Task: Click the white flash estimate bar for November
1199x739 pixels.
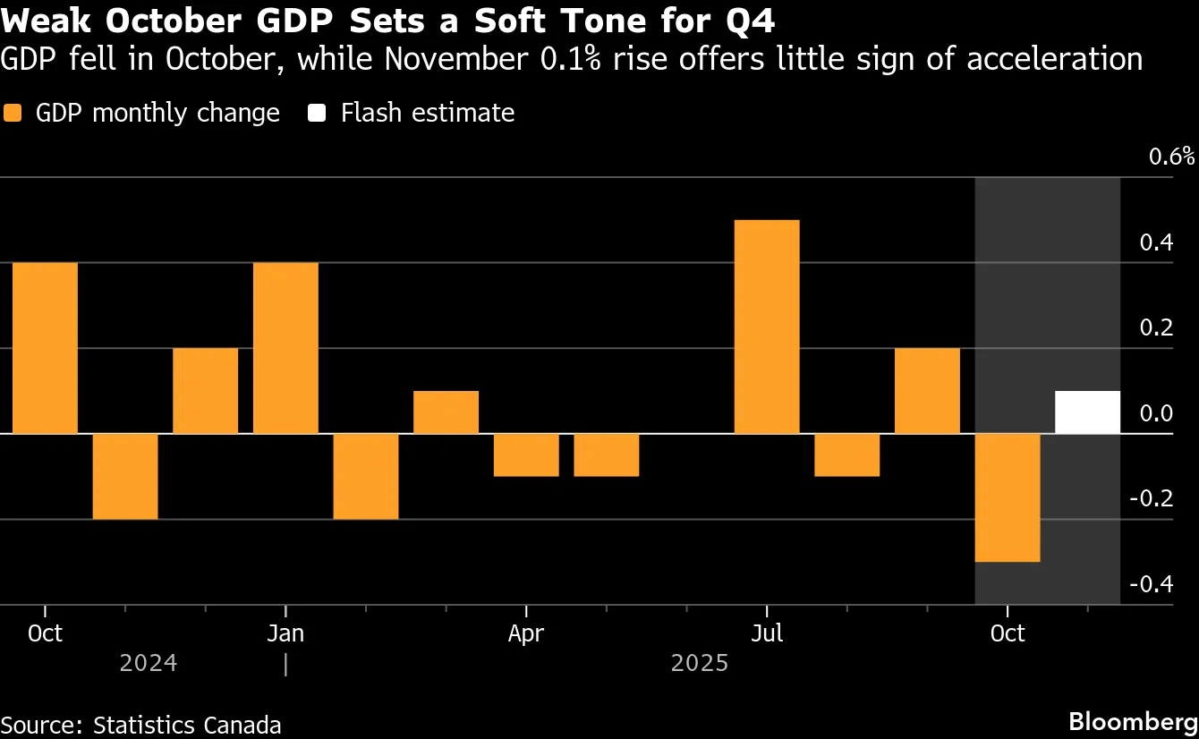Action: [1087, 412]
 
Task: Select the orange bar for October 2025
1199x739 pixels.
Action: [1008, 497]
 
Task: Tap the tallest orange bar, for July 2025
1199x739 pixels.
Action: [767, 327]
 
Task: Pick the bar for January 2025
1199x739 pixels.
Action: [285, 348]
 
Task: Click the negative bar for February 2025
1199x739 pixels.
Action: [366, 476]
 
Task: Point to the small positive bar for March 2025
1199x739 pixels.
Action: [446, 412]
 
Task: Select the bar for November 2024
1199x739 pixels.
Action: [125, 476]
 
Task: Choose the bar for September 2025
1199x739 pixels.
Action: [927, 391]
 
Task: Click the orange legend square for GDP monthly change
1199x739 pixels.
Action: [13, 114]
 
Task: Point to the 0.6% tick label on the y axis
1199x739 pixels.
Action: [1171, 157]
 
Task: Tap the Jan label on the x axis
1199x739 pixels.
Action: [285, 633]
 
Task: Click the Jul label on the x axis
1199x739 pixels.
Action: [767, 633]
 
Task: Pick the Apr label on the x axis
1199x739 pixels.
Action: [526, 633]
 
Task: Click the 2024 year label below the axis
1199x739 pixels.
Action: [149, 663]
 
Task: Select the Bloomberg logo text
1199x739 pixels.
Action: [1133, 721]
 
